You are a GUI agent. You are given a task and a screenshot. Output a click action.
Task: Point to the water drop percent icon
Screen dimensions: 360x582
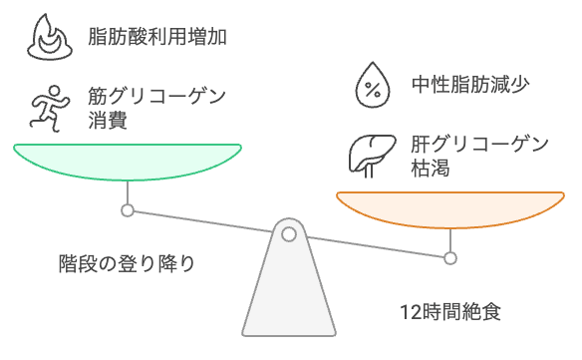(x=372, y=85)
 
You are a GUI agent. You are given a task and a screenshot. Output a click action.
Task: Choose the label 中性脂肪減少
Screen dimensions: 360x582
(x=470, y=85)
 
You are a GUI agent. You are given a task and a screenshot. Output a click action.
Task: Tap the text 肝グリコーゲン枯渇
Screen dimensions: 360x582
(x=478, y=156)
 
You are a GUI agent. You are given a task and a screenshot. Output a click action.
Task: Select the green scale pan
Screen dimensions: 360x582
(x=127, y=160)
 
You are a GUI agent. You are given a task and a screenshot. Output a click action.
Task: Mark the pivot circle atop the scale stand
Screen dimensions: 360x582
(x=289, y=235)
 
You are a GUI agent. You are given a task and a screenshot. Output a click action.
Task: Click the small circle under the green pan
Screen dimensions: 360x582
(x=127, y=210)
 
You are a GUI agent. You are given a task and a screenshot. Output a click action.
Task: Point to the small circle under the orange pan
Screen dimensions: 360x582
(x=450, y=258)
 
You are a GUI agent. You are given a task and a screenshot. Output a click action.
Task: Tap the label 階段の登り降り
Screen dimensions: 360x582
(x=126, y=264)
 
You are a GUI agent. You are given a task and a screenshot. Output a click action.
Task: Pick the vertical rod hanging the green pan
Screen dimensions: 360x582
(x=127, y=191)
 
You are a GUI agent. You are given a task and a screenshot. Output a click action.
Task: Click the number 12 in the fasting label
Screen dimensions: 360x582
(x=407, y=311)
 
